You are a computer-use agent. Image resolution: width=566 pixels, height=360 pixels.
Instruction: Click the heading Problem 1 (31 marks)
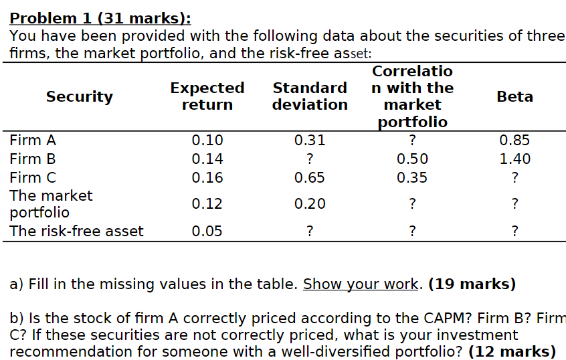(x=100, y=18)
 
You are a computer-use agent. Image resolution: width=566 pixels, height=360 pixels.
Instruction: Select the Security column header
(x=79, y=96)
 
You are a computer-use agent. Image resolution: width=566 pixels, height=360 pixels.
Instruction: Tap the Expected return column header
(x=207, y=96)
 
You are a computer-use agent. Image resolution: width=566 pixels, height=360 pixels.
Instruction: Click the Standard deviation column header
(x=310, y=96)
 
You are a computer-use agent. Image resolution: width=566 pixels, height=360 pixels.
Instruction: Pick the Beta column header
(x=514, y=96)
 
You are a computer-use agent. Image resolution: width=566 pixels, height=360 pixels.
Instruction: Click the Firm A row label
(x=33, y=141)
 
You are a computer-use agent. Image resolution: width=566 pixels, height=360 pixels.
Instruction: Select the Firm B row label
(x=33, y=159)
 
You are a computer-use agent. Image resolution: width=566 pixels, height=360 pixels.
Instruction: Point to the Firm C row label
(x=33, y=178)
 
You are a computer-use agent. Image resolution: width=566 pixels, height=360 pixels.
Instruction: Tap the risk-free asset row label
(x=76, y=232)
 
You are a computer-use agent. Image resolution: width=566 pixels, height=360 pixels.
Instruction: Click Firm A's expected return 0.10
(x=207, y=141)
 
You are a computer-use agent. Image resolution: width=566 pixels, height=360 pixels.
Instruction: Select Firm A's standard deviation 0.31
(x=310, y=141)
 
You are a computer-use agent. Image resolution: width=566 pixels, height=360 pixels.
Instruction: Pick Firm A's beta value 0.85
(x=514, y=141)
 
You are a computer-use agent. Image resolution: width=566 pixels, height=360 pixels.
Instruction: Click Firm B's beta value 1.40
(x=514, y=159)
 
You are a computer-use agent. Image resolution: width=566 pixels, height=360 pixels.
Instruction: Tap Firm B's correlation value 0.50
(x=412, y=159)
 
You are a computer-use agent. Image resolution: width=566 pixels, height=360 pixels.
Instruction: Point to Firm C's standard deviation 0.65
(x=310, y=178)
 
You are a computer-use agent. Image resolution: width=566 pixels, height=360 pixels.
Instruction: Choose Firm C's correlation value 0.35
(x=412, y=178)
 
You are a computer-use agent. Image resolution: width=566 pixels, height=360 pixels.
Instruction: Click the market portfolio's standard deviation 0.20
(x=310, y=204)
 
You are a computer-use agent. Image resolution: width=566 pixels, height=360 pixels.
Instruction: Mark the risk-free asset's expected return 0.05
(x=207, y=232)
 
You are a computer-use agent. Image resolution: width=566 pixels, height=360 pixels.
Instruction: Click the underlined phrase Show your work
(x=361, y=284)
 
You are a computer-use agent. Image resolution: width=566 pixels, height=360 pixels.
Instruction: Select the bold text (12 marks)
(x=512, y=351)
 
